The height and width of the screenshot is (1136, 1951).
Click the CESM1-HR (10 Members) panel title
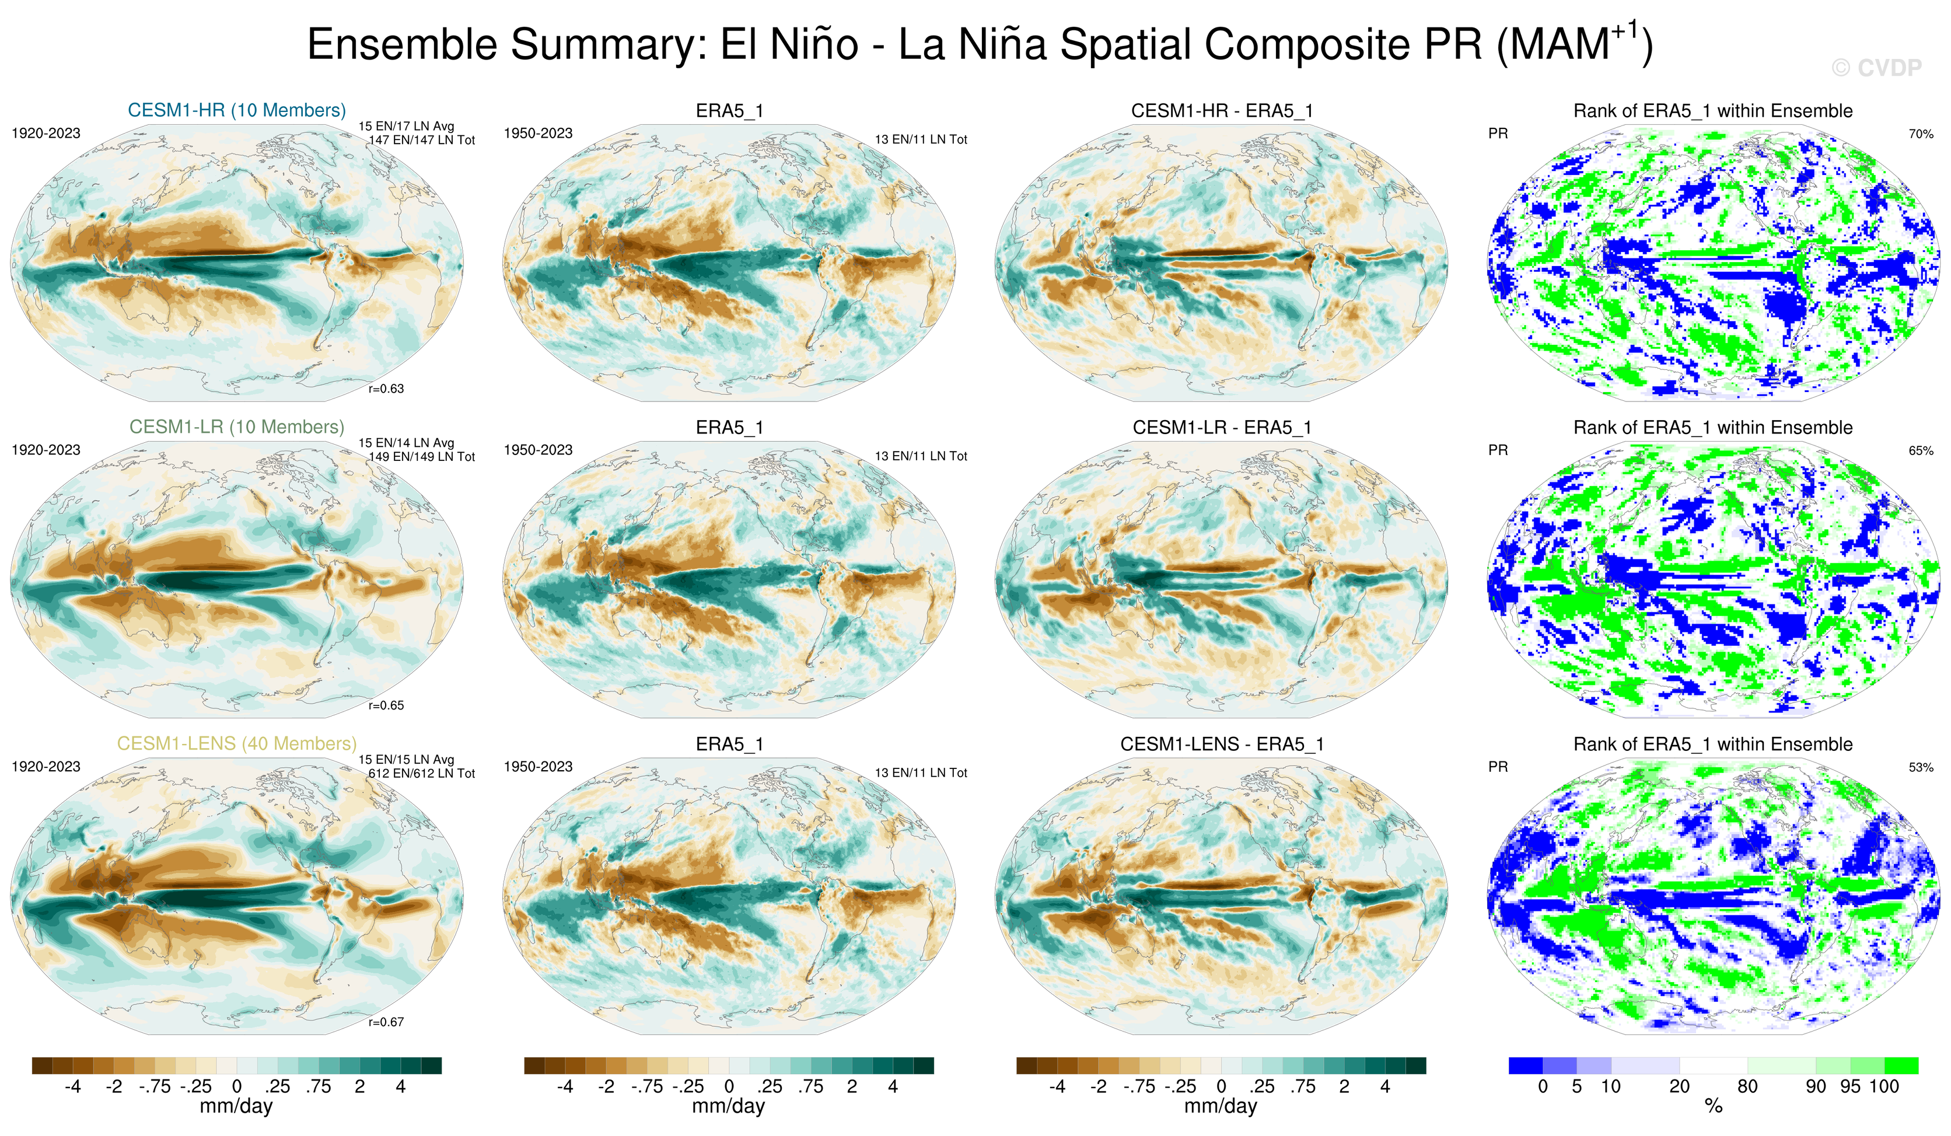pos(237,110)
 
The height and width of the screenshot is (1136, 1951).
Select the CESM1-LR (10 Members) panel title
pos(237,427)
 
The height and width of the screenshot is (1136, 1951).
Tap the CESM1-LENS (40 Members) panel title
pos(237,743)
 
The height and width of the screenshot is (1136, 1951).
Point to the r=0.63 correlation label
pos(386,389)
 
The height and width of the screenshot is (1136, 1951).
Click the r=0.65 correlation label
pos(386,705)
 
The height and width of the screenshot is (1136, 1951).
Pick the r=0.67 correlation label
pos(386,1022)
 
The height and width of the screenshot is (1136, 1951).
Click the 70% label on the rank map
pos(1921,134)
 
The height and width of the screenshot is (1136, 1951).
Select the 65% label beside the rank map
pos(1921,450)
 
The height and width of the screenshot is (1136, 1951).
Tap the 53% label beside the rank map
pos(1921,767)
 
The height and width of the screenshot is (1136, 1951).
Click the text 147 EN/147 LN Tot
pos(421,140)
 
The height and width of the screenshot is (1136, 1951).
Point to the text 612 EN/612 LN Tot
pos(421,774)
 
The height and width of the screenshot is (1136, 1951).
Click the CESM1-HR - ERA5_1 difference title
pos(1222,111)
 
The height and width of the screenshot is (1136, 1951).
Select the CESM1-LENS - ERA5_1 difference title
pos(1222,744)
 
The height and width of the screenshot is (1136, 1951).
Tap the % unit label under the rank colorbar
pos(1714,1106)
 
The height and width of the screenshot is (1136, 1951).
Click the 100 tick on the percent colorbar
pos(1884,1086)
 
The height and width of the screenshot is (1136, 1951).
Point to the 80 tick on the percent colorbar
pos(1747,1086)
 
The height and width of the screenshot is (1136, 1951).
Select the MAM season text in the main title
pos(1558,44)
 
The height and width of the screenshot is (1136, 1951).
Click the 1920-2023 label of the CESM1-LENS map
pos(46,767)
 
